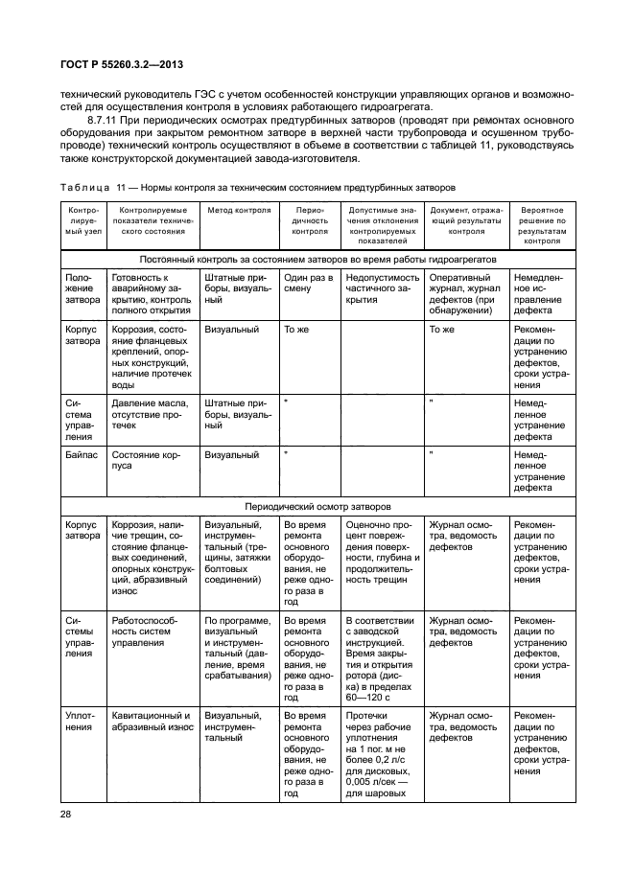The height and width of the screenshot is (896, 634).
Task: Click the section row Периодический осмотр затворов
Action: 317,505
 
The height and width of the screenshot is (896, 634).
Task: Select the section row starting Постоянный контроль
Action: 317,259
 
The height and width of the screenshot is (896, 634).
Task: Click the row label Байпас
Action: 81,454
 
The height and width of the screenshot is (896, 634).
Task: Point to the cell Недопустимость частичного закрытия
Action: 381,287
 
